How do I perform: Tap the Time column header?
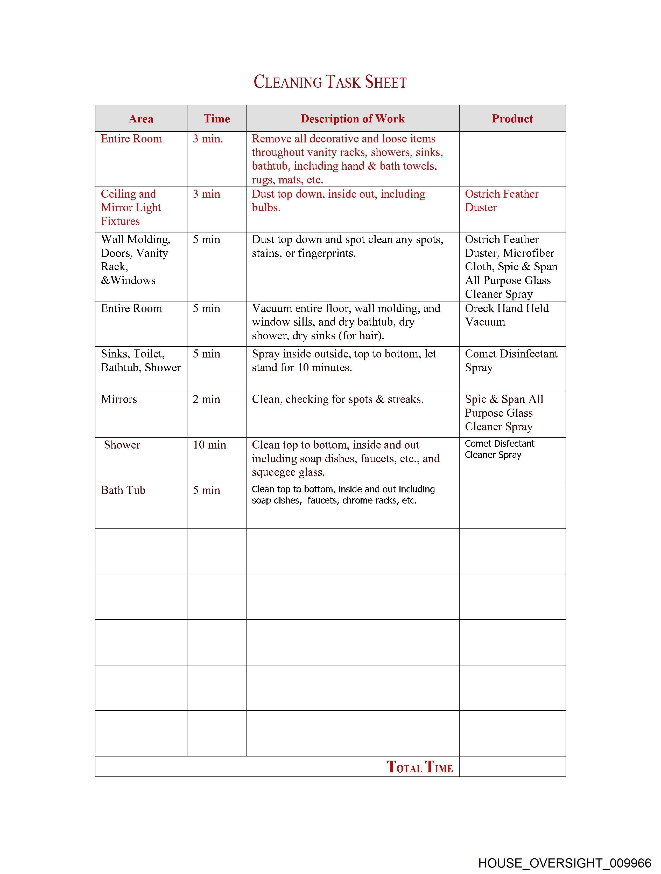click(216, 119)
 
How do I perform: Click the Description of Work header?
click(352, 119)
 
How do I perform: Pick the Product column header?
click(512, 119)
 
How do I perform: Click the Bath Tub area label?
click(123, 490)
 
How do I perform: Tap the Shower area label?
click(122, 445)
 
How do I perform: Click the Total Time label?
click(419, 767)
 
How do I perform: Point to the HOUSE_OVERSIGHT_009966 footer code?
click(564, 863)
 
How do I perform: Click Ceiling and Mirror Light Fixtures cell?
click(131, 208)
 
